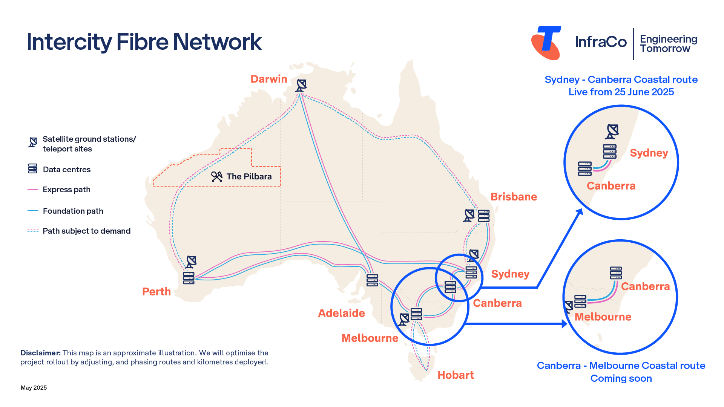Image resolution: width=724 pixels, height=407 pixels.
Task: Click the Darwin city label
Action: [268, 79]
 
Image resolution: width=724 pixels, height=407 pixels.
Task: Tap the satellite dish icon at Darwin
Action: [301, 86]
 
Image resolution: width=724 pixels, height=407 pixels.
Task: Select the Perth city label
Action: [156, 292]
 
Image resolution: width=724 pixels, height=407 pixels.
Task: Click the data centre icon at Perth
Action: [189, 278]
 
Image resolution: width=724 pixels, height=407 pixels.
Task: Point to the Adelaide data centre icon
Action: [372, 280]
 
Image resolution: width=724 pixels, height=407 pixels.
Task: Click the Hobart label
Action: [456, 375]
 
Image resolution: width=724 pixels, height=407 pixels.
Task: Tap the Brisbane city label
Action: [514, 197]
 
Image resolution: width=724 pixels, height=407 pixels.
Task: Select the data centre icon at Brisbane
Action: [484, 216]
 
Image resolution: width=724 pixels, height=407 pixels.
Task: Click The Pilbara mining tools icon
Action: [217, 177]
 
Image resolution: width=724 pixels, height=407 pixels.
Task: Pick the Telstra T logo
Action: [546, 43]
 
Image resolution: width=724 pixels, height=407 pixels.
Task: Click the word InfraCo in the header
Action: [601, 42]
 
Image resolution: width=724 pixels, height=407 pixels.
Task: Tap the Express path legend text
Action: [66, 190]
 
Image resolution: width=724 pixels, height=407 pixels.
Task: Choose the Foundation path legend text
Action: [73, 211]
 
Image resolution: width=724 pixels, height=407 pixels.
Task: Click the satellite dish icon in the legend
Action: [33, 142]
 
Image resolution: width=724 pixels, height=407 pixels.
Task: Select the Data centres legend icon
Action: [33, 169]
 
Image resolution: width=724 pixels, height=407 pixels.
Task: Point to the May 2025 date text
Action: [34, 388]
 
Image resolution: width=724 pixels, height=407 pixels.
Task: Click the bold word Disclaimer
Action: [40, 353]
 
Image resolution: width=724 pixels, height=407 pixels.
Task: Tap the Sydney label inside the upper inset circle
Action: [649, 153]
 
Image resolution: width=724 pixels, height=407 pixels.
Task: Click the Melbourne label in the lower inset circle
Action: [603, 317]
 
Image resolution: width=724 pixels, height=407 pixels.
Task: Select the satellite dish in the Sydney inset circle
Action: [612, 132]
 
